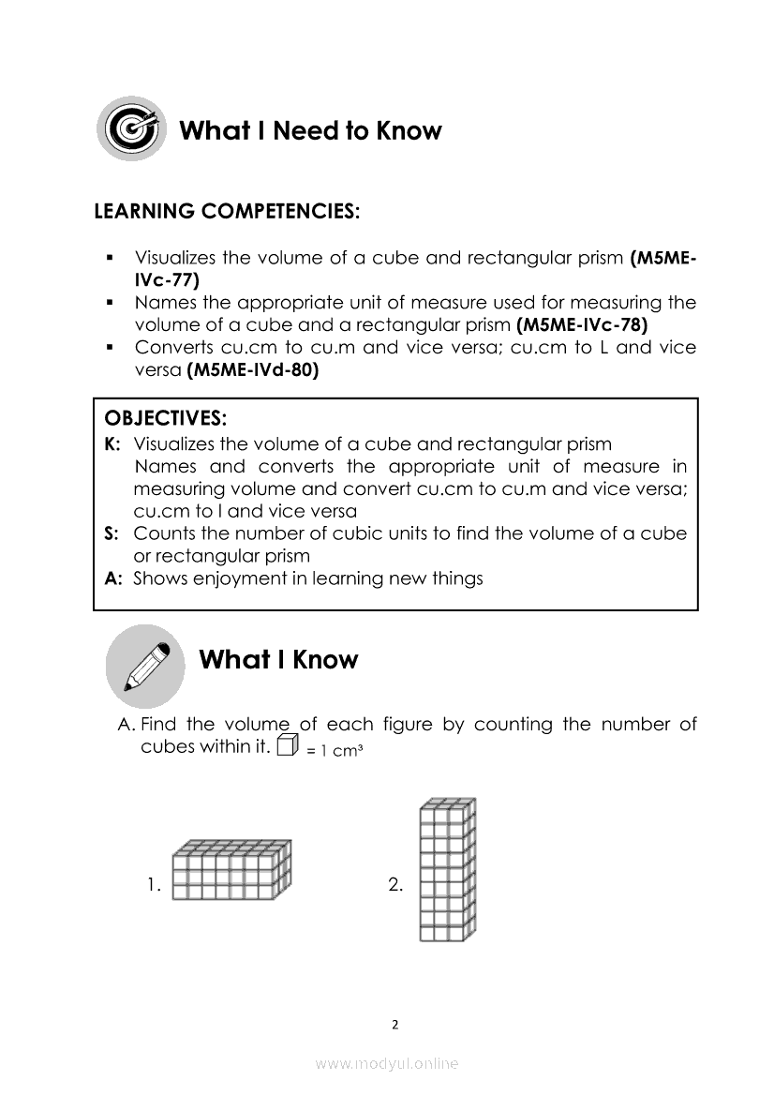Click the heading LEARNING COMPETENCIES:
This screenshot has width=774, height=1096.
[226, 212]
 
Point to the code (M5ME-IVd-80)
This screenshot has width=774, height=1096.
[253, 370]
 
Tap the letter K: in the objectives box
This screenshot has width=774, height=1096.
[113, 444]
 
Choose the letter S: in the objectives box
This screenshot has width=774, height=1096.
[112, 533]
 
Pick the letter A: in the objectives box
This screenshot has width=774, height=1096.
[113, 578]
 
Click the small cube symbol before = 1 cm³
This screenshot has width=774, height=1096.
[288, 746]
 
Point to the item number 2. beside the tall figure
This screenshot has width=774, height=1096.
[395, 884]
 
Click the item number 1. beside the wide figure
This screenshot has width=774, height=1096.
[155, 884]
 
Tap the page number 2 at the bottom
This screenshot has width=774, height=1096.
[394, 1024]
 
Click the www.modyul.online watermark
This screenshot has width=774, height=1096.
[387, 1063]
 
